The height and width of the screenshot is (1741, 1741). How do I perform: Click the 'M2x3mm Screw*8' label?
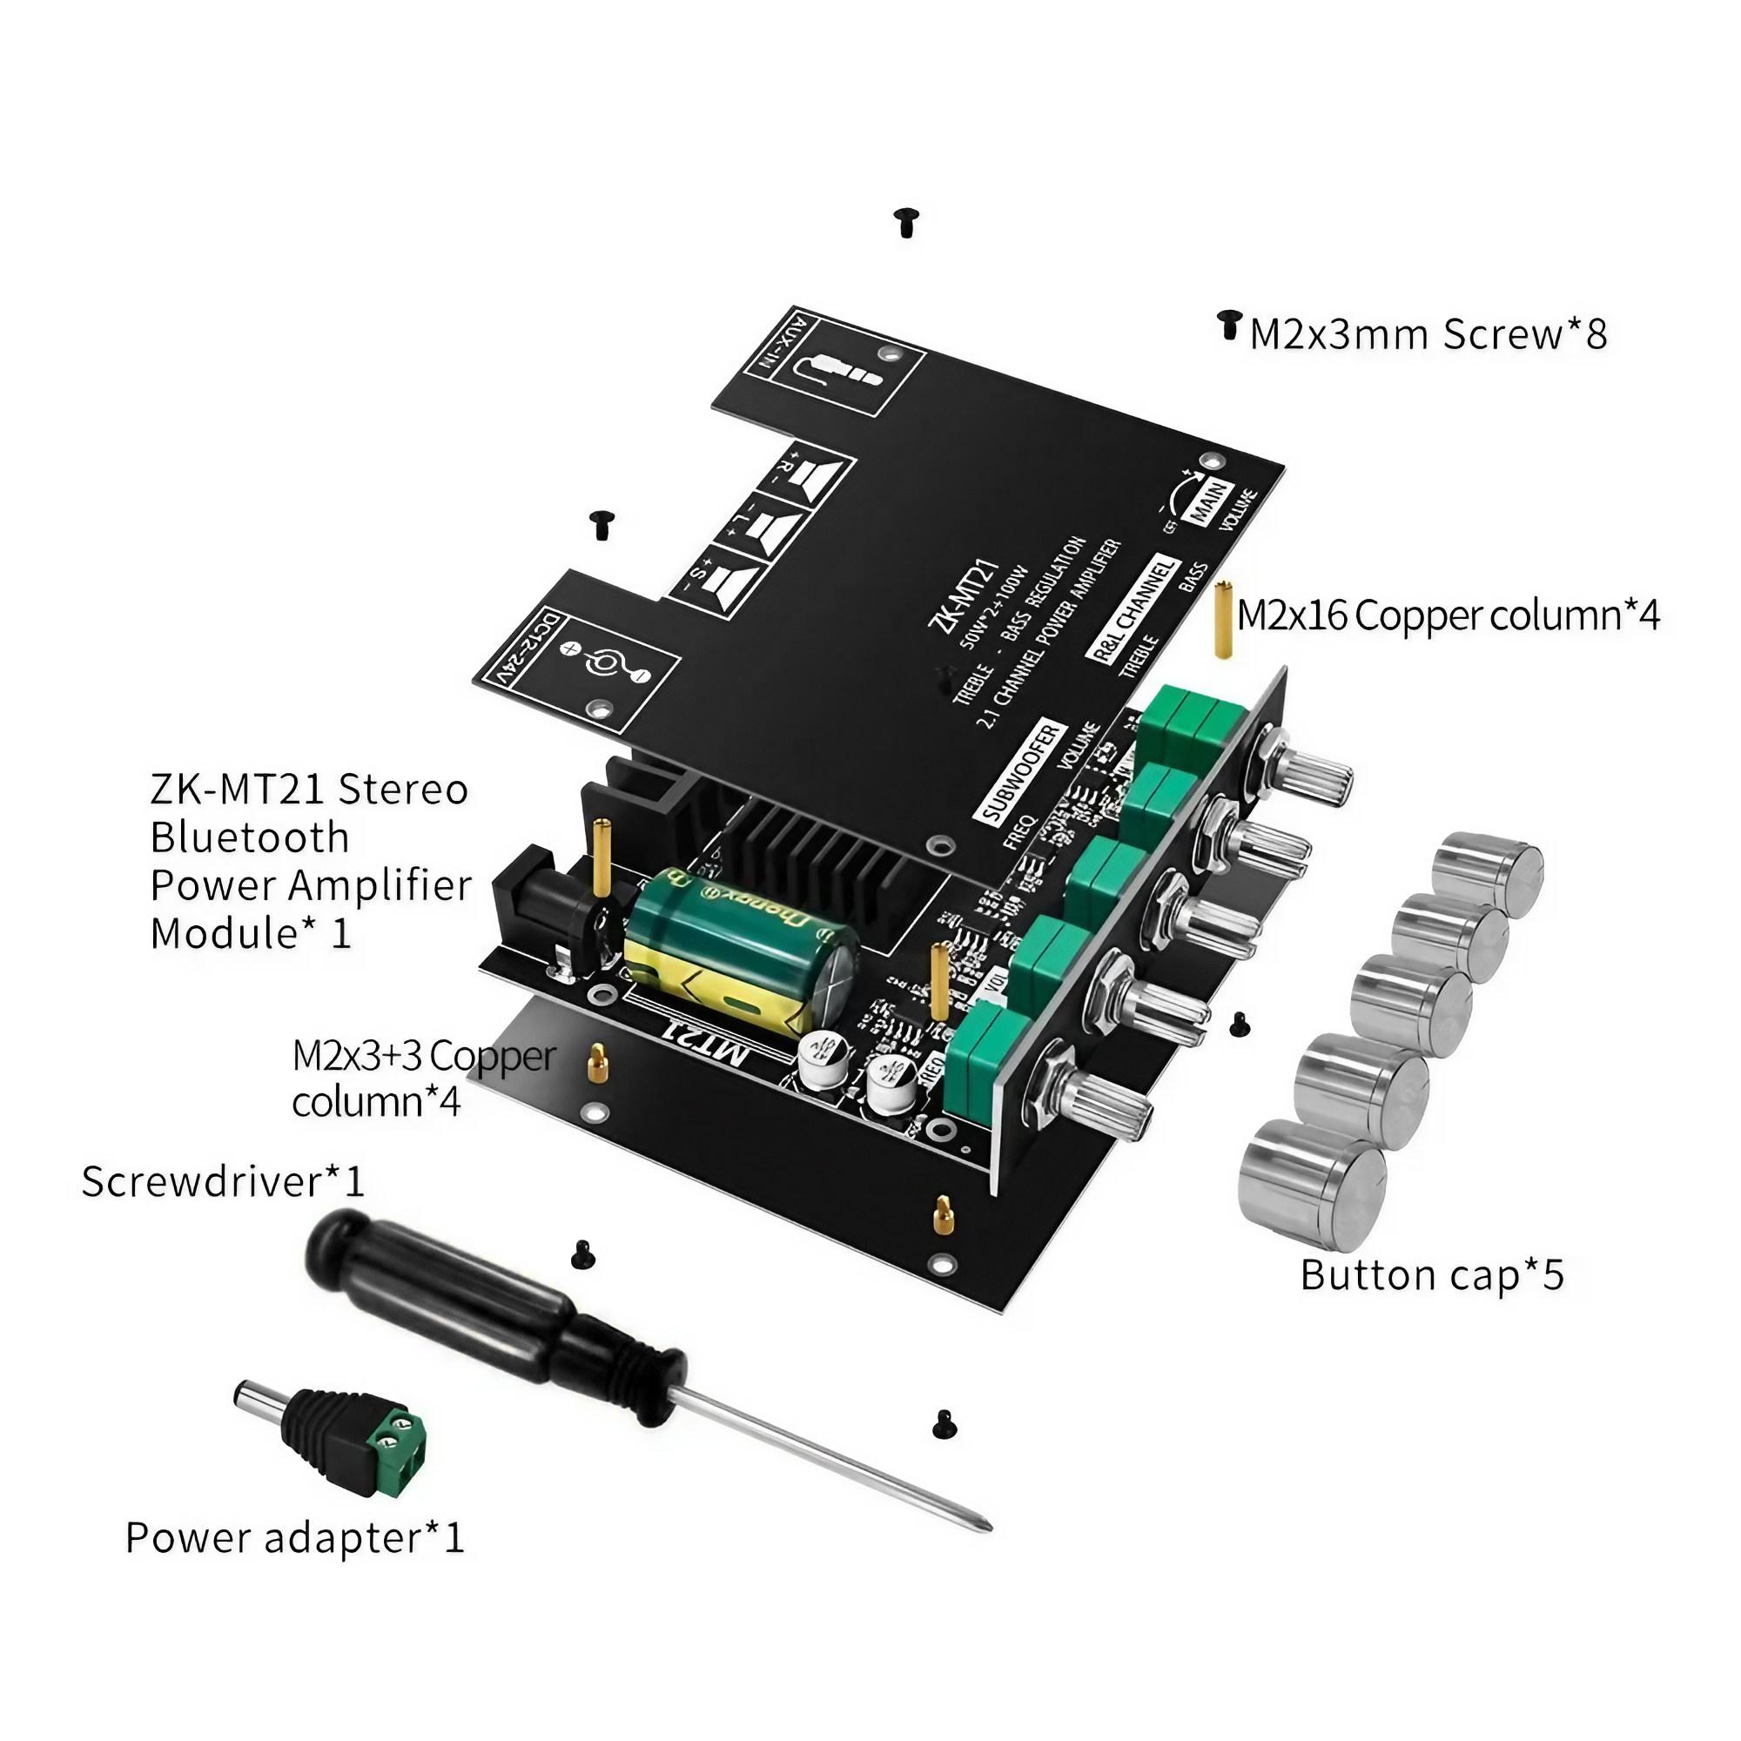(x=1428, y=334)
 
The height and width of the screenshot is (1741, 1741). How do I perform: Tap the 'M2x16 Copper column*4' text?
(x=1448, y=616)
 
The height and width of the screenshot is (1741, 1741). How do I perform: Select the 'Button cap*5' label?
(x=1431, y=1274)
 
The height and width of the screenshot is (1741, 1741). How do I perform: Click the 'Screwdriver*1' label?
(x=223, y=1180)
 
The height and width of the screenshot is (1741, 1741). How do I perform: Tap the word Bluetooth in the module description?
(x=250, y=837)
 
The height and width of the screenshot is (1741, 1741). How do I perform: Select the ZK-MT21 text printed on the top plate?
(x=963, y=595)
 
